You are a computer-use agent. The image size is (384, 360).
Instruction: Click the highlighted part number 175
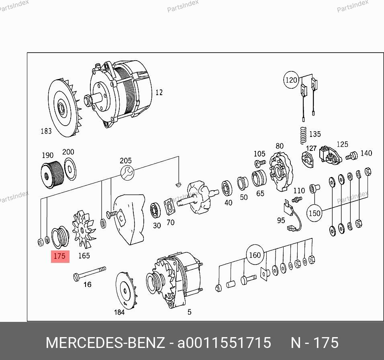pos(60,256)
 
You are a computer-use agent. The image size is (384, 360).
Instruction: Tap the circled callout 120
pos(291,80)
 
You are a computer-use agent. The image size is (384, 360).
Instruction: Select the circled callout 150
pos(315,213)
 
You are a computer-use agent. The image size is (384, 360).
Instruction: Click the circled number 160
pos(255,255)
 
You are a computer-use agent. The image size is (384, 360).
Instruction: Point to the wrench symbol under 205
pos(127,173)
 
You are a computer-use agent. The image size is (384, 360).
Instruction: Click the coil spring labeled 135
pos(303,135)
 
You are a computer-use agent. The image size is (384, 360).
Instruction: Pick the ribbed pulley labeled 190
pos(53,174)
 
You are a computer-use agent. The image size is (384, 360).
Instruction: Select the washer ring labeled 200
pos(70,169)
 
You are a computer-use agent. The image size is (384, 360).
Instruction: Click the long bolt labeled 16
pos(90,274)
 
